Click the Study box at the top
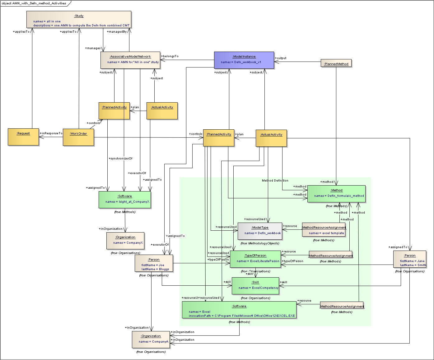[79, 20]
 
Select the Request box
[23, 137]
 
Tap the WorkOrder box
[78, 137]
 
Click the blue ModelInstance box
[244, 60]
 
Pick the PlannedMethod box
[336, 63]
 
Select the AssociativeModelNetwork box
[130, 60]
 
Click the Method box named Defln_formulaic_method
[336, 194]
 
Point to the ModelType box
[260, 231]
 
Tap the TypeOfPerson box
[255, 259]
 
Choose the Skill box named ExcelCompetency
[255, 286]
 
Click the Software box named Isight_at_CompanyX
[125, 200]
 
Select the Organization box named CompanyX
[125, 241]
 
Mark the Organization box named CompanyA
[151, 339]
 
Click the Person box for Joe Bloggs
[154, 263]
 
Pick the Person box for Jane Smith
[409, 259]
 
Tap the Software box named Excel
[239, 310]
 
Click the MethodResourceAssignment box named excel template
[324, 230]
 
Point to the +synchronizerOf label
[121, 159]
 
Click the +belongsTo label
[170, 56]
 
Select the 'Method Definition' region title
[275, 181]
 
